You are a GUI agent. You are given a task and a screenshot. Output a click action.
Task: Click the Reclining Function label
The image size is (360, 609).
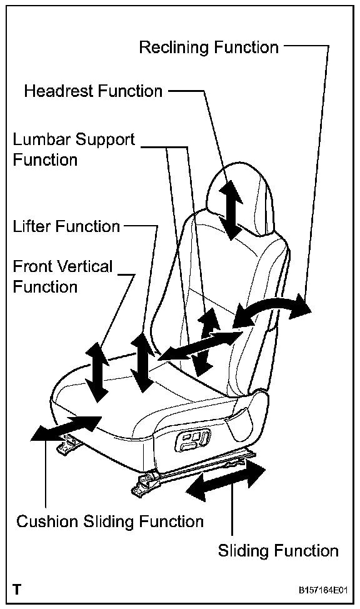[x=209, y=48]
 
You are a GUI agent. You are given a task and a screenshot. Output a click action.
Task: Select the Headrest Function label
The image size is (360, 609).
[x=93, y=91]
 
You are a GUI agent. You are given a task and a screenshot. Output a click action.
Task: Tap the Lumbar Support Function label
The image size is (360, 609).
[x=74, y=149]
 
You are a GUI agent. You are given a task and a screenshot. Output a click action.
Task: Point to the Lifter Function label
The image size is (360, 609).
[x=66, y=226]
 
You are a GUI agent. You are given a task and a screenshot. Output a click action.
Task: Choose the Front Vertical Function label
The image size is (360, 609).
[x=62, y=276]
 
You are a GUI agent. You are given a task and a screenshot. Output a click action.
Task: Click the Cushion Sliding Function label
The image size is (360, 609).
[x=110, y=521]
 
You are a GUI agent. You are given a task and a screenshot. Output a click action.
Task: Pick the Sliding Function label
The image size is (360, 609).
[x=278, y=551]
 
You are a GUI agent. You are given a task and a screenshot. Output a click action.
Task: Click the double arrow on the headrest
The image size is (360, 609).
[x=231, y=209]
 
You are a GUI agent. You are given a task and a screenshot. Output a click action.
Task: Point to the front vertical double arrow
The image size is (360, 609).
[x=96, y=372]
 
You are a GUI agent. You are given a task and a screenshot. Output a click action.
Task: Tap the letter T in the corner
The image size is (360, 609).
[x=17, y=590]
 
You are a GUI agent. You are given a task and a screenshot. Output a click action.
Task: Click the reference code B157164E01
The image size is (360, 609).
[x=322, y=590]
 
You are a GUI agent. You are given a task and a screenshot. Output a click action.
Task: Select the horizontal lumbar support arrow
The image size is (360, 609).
[x=201, y=344]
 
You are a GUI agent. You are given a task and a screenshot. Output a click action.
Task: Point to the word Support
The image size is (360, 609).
[x=105, y=140]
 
